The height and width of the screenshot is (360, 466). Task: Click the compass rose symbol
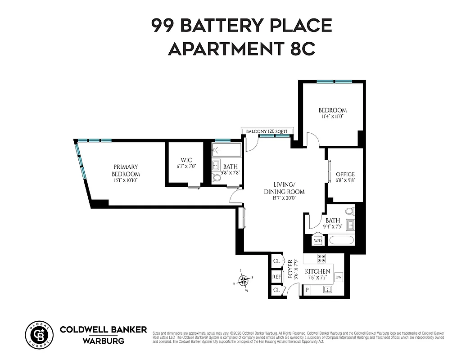[244, 281]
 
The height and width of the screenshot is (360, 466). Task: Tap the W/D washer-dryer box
[318, 241]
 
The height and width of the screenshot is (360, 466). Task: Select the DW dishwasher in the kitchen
[339, 277]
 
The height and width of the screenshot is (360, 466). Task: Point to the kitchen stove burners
[321, 258]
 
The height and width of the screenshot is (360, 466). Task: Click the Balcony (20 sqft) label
[267, 131]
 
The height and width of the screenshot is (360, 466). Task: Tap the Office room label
[345, 174]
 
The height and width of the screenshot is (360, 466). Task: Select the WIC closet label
[186, 160]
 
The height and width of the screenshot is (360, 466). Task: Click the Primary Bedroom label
[126, 170]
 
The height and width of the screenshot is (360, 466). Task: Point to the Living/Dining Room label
[284, 188]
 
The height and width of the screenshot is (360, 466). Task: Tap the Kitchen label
[318, 272]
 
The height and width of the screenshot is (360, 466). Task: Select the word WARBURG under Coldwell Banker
[103, 341]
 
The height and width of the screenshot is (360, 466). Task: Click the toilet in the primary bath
[217, 178]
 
